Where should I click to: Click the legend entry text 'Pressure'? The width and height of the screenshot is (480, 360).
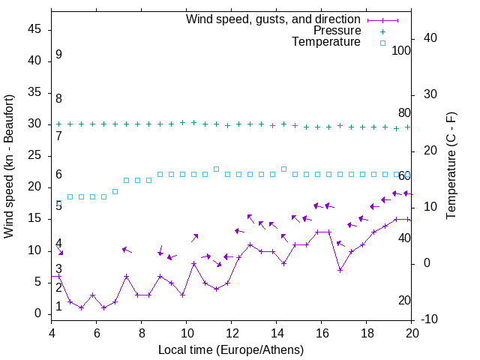[x=337, y=31]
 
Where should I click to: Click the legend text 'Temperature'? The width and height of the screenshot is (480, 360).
[x=326, y=42]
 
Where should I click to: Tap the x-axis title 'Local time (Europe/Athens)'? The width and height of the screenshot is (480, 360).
[x=231, y=349]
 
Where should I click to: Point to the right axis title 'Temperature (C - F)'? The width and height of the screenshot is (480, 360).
[x=451, y=166]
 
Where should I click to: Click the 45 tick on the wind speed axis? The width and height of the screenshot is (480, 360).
[x=35, y=29]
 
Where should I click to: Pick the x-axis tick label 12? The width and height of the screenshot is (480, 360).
[x=232, y=333]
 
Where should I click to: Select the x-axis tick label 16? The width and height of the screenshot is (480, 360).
[x=322, y=333]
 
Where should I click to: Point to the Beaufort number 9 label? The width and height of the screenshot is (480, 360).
[x=58, y=55]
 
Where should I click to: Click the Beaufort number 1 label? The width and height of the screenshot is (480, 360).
[x=58, y=307]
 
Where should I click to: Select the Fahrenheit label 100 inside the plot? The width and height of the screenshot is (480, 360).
[x=401, y=50]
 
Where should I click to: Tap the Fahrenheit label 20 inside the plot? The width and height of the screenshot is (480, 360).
[x=404, y=301]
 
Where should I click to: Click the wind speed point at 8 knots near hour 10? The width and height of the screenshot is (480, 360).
[x=193, y=263]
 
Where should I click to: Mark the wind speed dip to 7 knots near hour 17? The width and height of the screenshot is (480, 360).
[x=340, y=270]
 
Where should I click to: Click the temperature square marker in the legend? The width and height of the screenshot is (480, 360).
[x=382, y=43]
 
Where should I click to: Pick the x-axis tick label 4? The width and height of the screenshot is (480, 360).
[x=52, y=333]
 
